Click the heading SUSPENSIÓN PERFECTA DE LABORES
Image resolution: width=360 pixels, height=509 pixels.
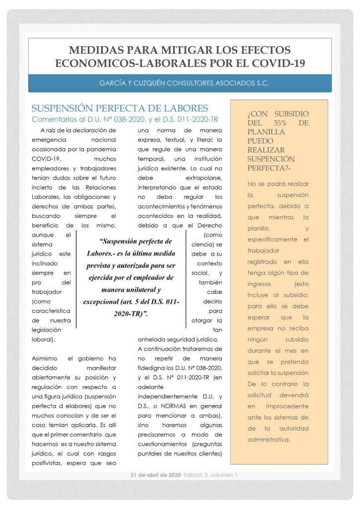tap(119, 108)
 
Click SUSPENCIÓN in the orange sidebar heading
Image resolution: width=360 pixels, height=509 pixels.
tap(271, 159)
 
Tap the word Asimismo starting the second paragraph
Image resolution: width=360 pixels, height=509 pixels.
tap(46, 358)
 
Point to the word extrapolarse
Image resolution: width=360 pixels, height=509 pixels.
tap(204, 177)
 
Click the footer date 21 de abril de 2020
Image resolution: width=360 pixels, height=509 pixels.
tap(156, 475)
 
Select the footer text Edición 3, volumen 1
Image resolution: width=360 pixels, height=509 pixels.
tap(211, 475)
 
